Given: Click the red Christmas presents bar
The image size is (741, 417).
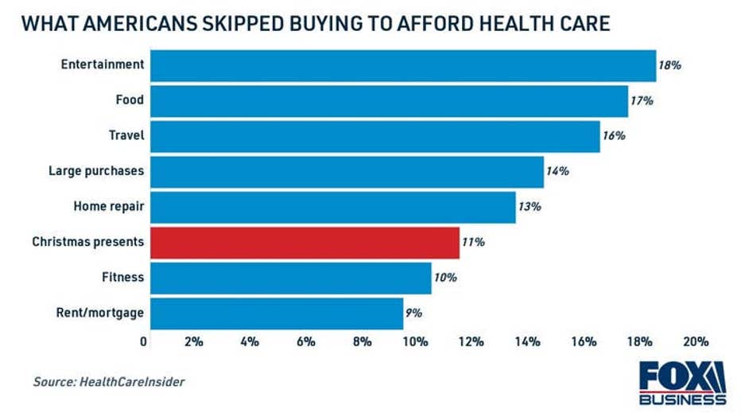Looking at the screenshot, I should point(305,242).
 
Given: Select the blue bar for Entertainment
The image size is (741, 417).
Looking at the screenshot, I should point(403,65).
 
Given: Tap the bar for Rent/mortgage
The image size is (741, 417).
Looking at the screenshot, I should point(277,313).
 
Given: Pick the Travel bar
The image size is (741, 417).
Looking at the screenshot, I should point(375,136).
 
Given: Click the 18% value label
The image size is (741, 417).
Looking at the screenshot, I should point(669,65).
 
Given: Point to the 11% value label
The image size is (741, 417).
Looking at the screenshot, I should point(473,242).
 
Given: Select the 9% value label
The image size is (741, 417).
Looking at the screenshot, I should point(413,313).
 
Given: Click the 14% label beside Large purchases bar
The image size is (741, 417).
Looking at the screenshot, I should point(557,171).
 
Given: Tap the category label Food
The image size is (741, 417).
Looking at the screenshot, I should point(129,100).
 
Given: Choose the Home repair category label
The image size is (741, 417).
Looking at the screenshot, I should point(109,206).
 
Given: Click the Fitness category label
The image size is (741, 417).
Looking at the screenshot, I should point(122,277).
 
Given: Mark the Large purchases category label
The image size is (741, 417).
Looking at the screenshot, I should point(96,171).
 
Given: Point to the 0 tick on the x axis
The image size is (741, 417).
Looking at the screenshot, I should point(144,341).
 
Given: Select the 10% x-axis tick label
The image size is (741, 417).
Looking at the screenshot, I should point(415,341).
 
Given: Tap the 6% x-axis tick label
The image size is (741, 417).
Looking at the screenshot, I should point(305,341).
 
